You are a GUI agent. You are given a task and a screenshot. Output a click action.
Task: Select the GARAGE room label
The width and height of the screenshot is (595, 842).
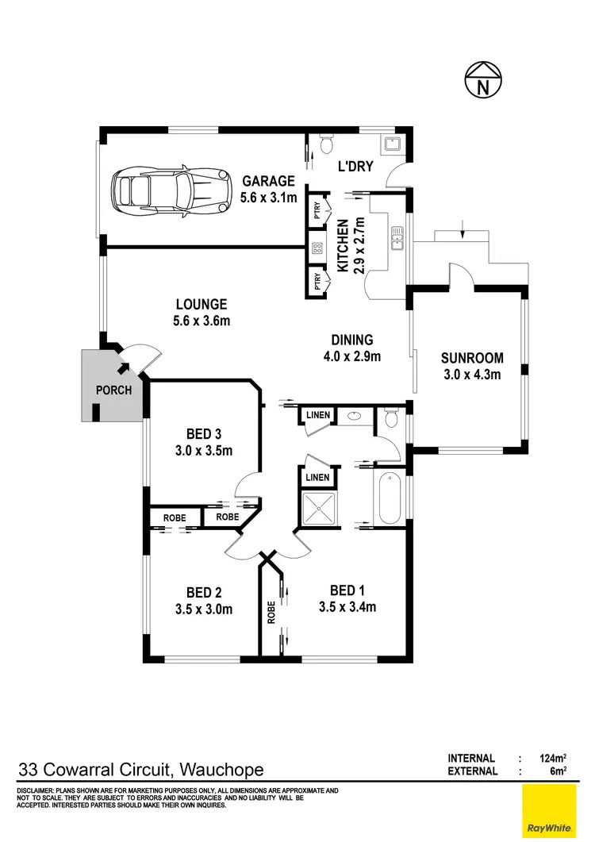[x=268, y=181]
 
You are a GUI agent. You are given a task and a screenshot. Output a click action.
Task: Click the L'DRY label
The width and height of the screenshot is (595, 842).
[x=355, y=167]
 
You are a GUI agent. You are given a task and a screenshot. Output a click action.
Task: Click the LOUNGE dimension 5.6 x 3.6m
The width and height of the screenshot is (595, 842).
[x=201, y=321]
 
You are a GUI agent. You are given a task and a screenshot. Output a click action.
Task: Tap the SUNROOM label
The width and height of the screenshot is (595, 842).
[x=471, y=358]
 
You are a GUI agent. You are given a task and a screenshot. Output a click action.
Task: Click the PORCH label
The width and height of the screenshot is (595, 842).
[x=113, y=390]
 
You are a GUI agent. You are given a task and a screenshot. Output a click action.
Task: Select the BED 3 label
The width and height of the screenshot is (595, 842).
[x=204, y=434]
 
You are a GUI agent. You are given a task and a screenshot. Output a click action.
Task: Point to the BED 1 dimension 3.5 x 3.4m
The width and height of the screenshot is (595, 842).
[x=347, y=608]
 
